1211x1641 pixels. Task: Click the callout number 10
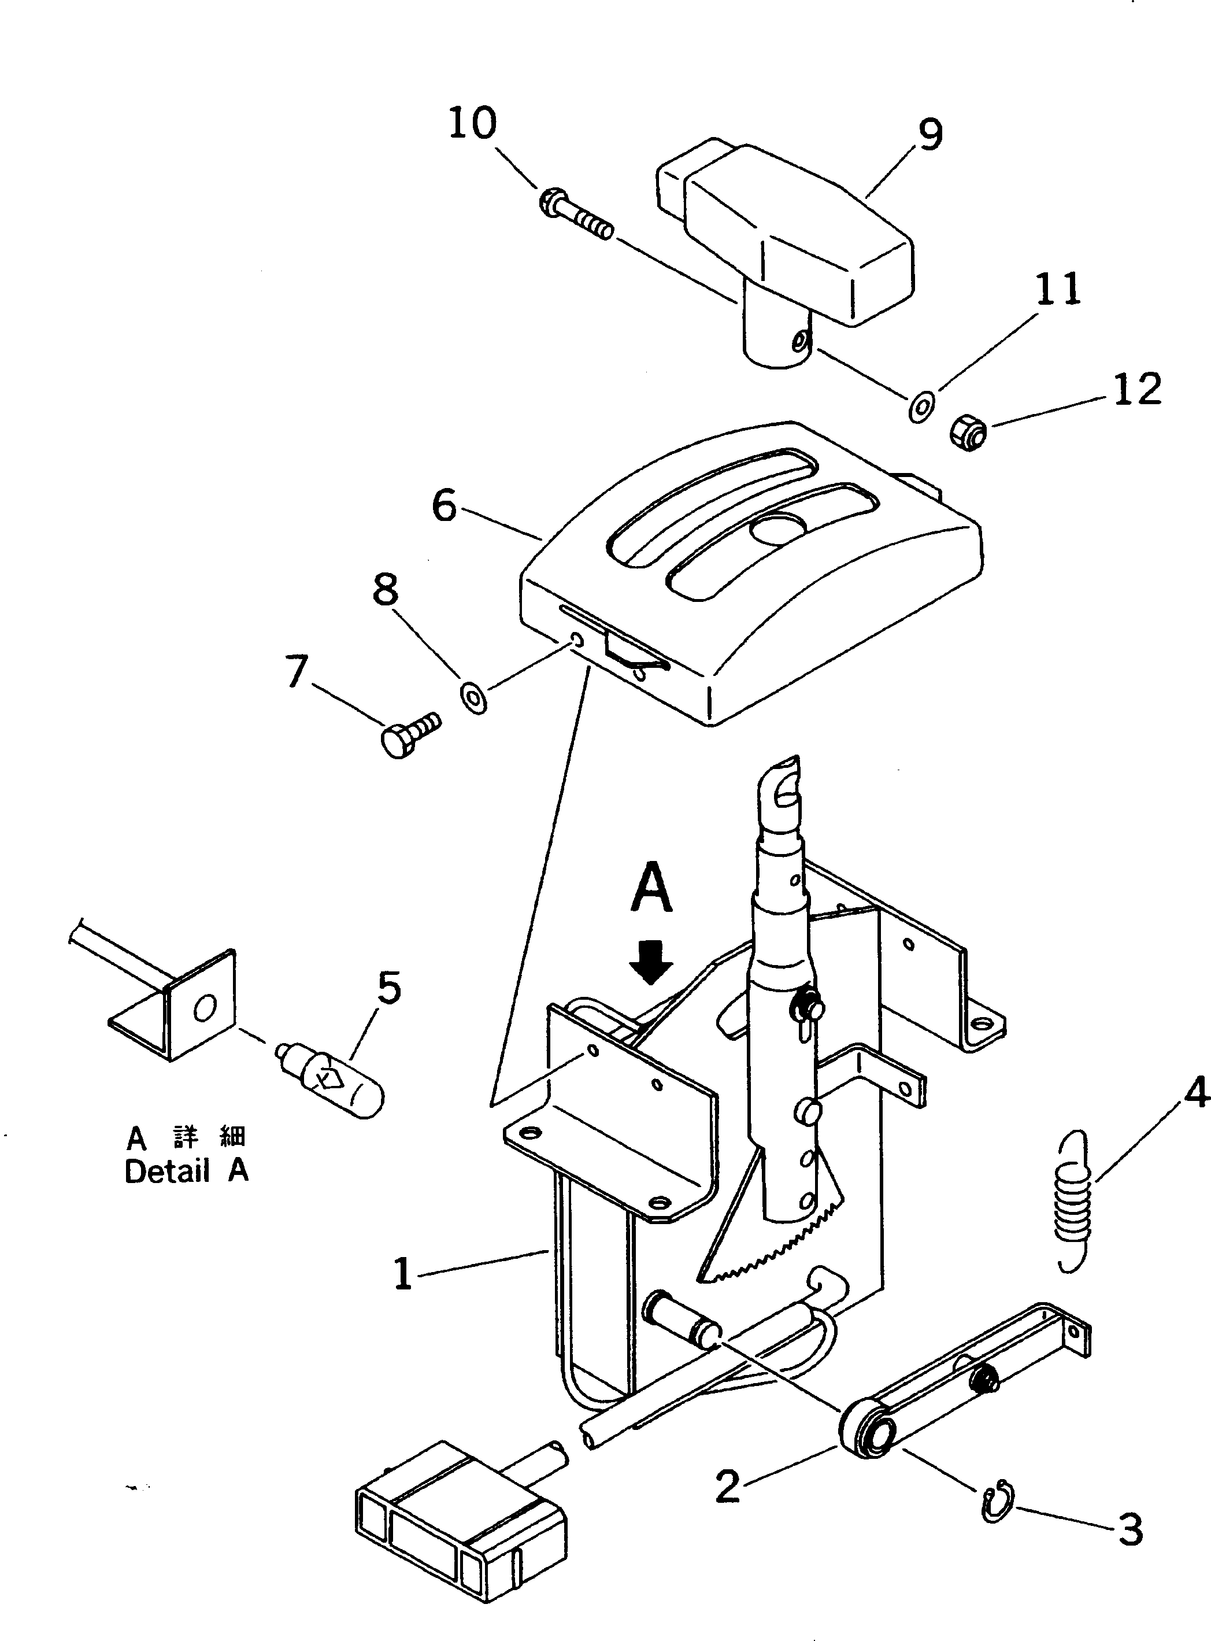pos(473,123)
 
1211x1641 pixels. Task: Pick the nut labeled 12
pos(969,433)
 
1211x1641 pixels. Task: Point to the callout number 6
pos(445,505)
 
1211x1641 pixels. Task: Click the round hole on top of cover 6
pos(779,528)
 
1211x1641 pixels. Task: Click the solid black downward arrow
pos(651,963)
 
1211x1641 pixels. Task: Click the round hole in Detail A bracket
pos(205,1010)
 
